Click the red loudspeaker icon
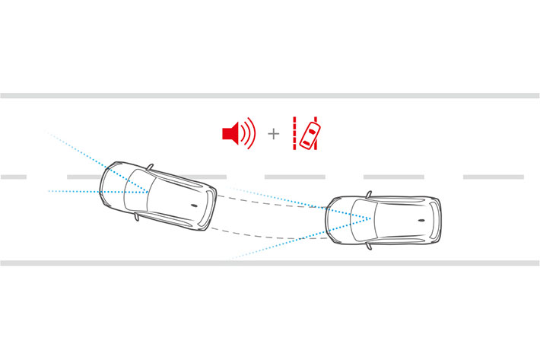pyautogui.click(x=231, y=135)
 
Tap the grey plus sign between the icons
pyautogui.click(x=274, y=135)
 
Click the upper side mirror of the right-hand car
pyautogui.click(x=368, y=195)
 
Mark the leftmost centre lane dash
pyautogui.click(x=14, y=177)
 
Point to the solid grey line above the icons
pyautogui.click(x=270, y=96)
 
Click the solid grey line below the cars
pyautogui.click(x=270, y=263)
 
